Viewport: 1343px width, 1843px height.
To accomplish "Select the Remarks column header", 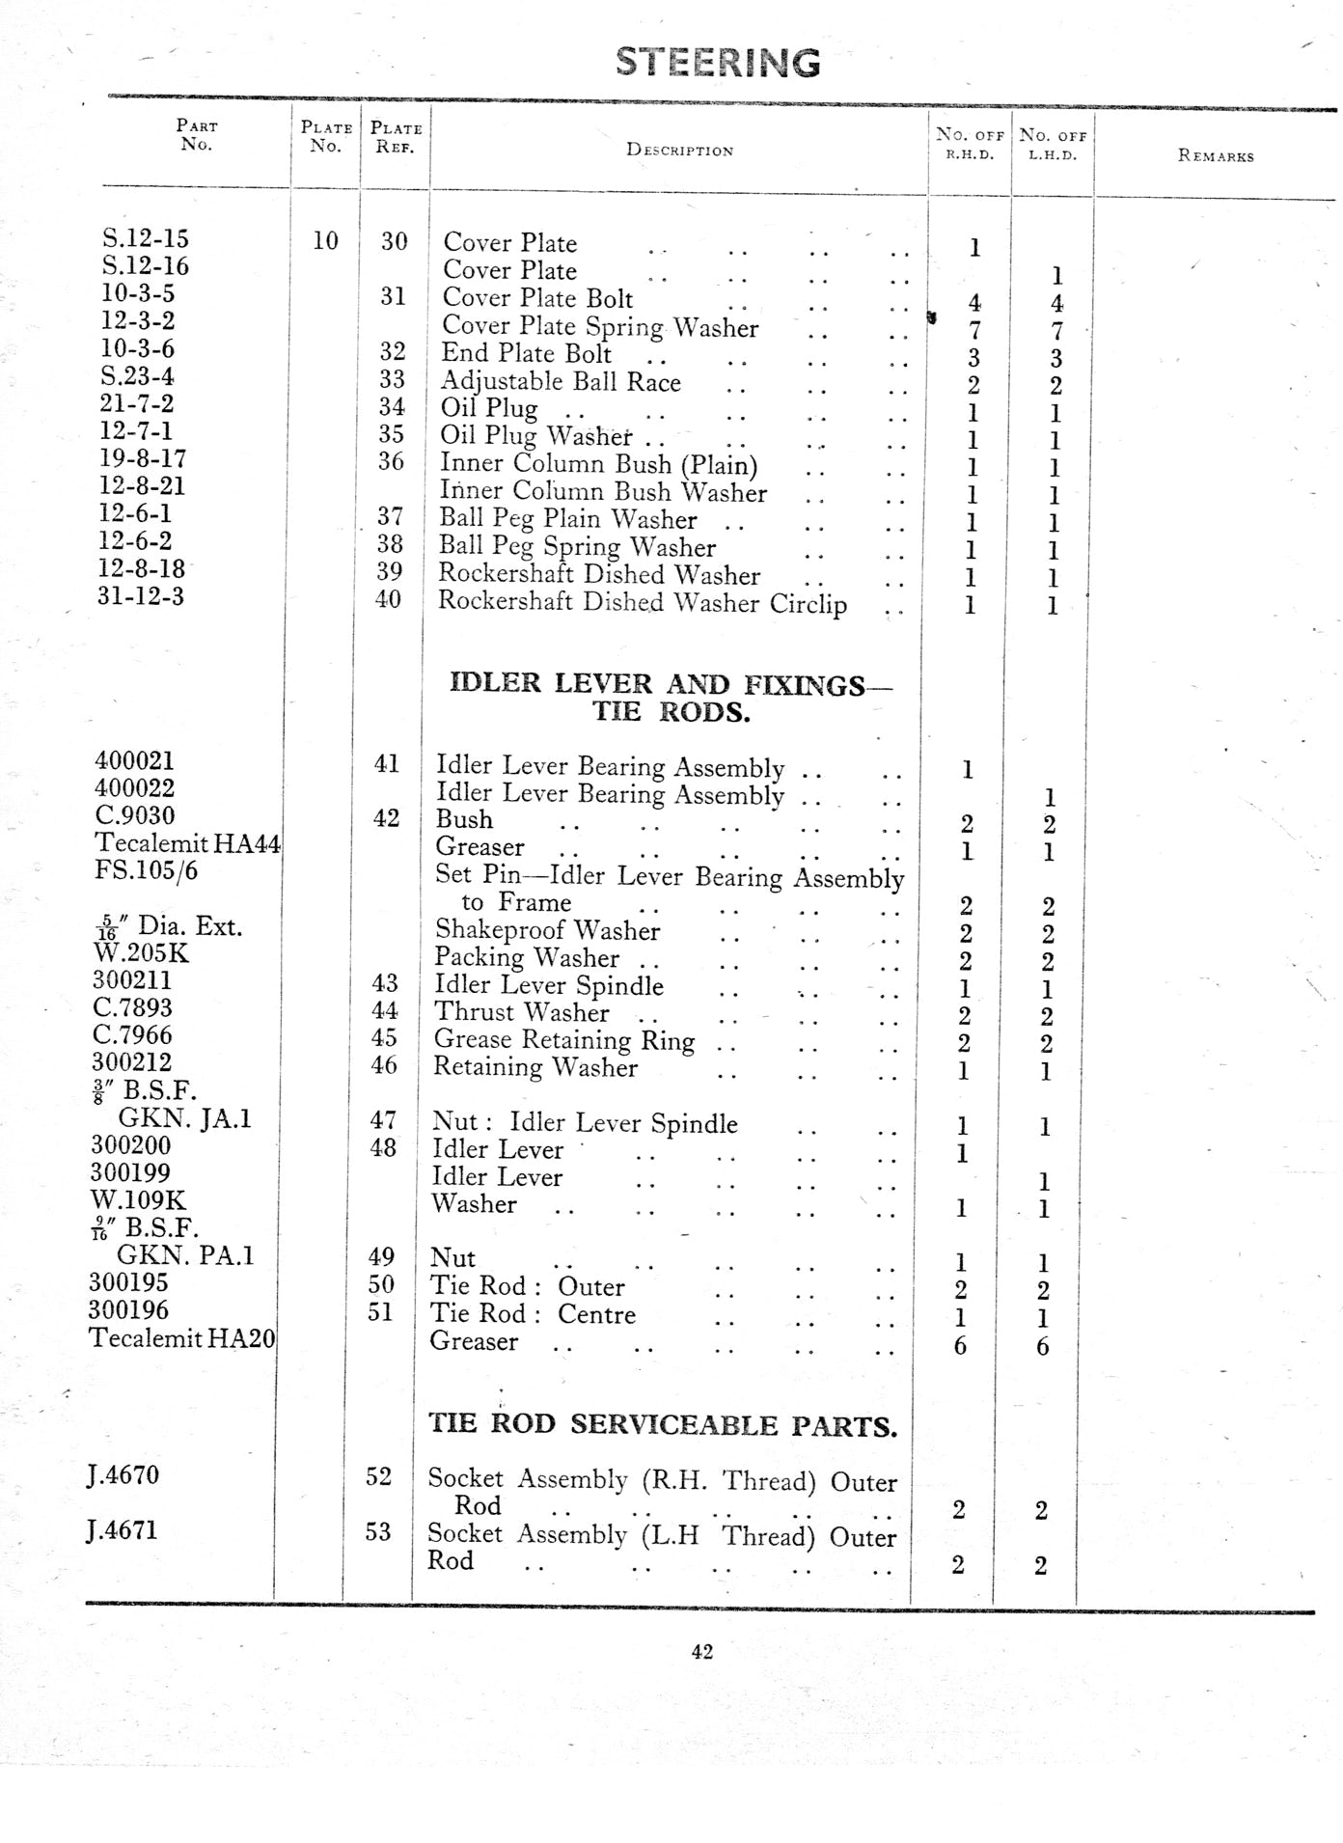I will pyautogui.click(x=1216, y=156).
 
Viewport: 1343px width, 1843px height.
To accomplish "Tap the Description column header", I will pyautogui.click(x=679, y=151).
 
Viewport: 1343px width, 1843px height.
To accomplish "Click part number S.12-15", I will pyautogui.click(x=145, y=238).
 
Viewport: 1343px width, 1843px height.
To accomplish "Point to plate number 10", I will pyautogui.click(x=325, y=241).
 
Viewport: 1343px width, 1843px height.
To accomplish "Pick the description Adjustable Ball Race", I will pyautogui.click(x=561, y=382).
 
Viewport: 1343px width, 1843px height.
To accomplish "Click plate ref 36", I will pyautogui.click(x=391, y=462).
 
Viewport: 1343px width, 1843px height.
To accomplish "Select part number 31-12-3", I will pyautogui.click(x=140, y=596).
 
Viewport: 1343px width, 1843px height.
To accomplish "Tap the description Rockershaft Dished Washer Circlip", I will pyautogui.click(x=643, y=603).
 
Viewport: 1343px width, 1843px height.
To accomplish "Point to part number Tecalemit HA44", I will pyautogui.click(x=187, y=844).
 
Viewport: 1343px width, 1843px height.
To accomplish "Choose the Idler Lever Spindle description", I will pyautogui.click(x=548, y=986).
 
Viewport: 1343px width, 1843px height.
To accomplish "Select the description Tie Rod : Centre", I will pyautogui.click(x=533, y=1314).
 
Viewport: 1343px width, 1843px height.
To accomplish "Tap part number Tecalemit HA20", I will pyautogui.click(x=181, y=1338).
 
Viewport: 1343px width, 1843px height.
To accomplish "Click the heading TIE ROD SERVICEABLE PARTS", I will pyautogui.click(x=662, y=1425).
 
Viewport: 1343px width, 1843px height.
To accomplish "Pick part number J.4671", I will pyautogui.click(x=123, y=1530).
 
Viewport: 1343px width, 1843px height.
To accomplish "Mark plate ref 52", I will pyautogui.click(x=378, y=1476).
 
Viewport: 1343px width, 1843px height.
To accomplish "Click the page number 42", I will pyautogui.click(x=701, y=1652).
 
